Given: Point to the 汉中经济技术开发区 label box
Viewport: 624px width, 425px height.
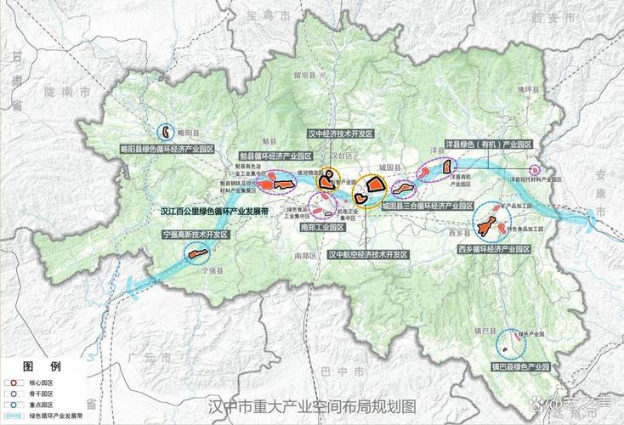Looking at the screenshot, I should point(340,134).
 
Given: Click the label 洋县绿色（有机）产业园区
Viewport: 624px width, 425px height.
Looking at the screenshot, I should point(488,145).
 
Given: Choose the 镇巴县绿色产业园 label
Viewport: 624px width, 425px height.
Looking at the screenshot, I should point(521,366).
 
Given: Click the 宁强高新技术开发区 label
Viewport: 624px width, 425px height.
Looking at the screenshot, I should point(196,234).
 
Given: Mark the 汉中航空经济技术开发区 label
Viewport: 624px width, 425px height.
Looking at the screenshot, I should point(365,253).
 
